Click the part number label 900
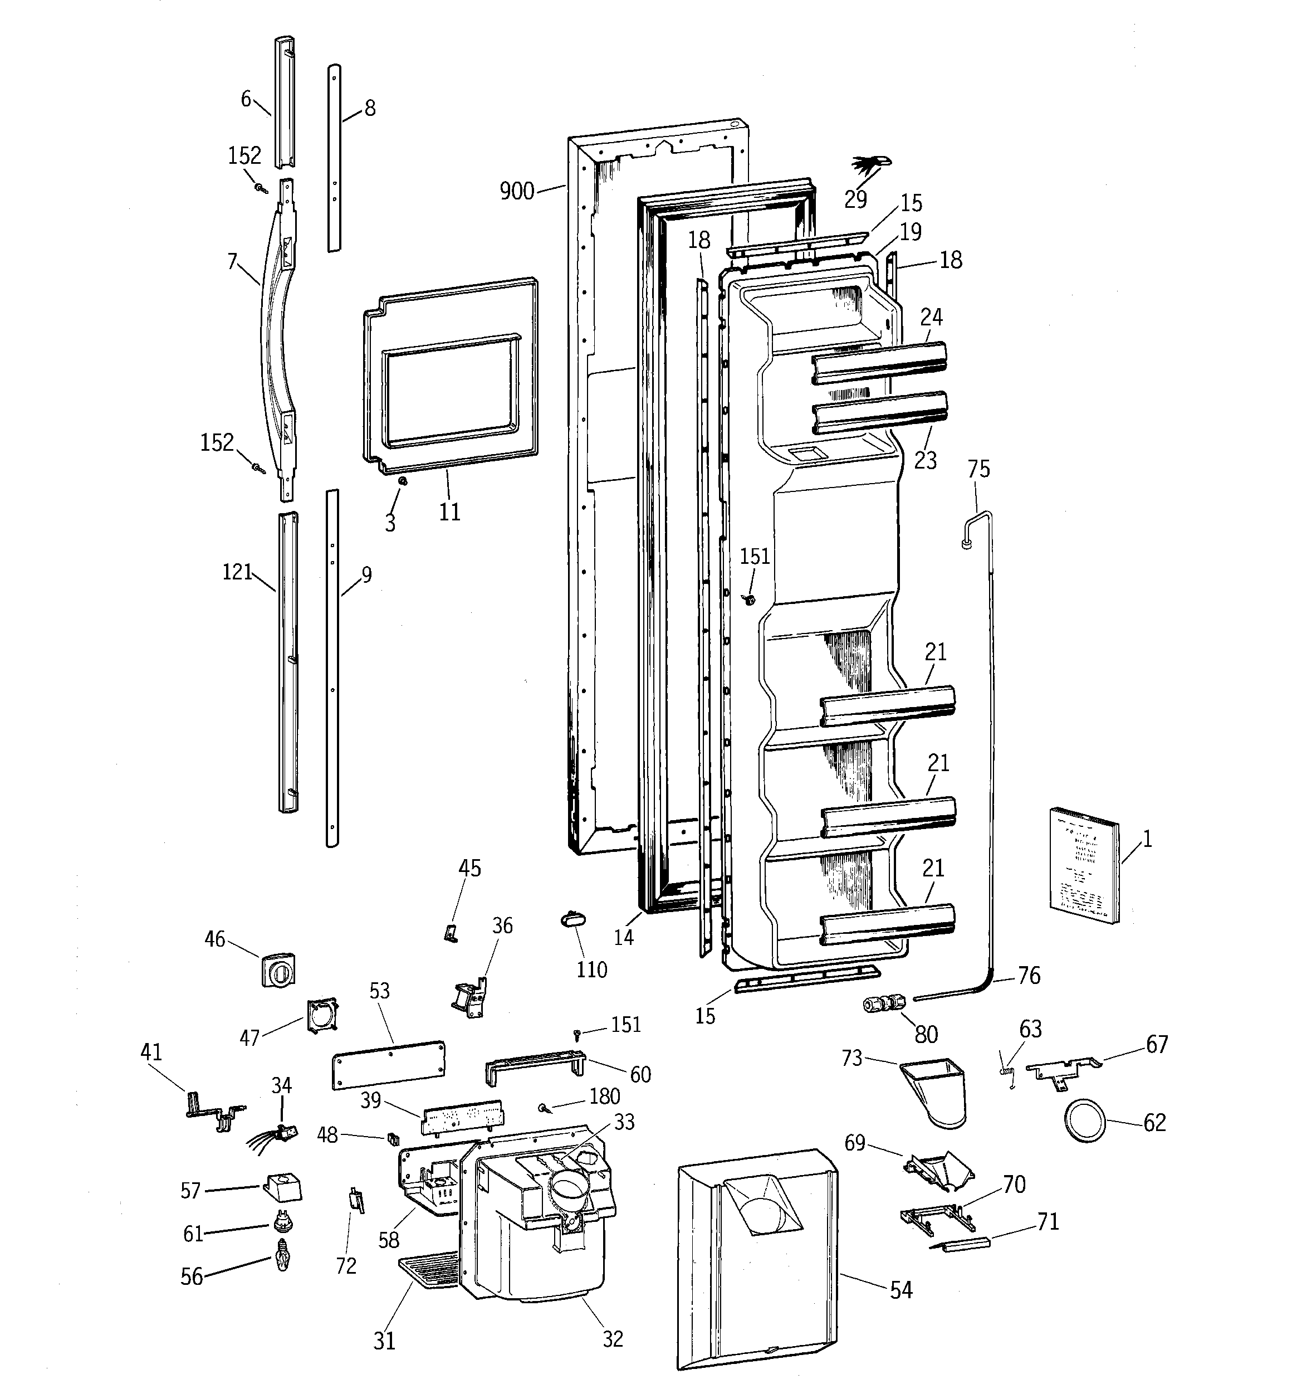[x=517, y=191]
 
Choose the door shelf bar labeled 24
[x=879, y=363]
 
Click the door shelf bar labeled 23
[x=879, y=413]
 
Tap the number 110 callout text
[x=591, y=969]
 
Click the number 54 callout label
[x=901, y=1290]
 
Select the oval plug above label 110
[x=573, y=919]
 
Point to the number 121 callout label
[x=237, y=572]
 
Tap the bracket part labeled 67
[x=1061, y=1070]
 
